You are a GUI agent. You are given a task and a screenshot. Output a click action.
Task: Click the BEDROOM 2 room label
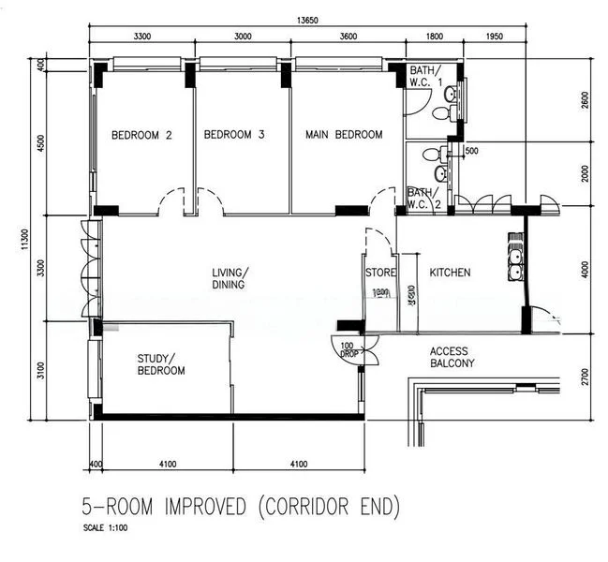click(x=141, y=135)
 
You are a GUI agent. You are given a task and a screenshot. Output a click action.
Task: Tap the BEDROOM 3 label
click(x=234, y=135)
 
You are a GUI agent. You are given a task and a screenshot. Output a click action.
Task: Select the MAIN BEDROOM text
click(x=344, y=135)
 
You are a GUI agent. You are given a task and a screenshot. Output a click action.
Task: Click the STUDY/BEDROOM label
click(x=161, y=364)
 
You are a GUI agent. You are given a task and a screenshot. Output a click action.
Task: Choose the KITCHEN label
click(x=450, y=273)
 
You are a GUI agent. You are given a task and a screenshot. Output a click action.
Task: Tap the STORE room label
click(x=380, y=273)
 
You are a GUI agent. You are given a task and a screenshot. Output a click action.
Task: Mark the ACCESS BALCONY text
click(x=452, y=358)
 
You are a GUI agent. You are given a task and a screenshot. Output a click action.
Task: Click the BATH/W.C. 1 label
click(x=424, y=78)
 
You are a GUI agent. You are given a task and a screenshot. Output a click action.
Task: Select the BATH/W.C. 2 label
click(x=423, y=199)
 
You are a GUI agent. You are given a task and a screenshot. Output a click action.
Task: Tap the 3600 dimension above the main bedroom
click(x=348, y=37)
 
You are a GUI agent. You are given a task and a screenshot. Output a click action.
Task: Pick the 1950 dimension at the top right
click(x=496, y=37)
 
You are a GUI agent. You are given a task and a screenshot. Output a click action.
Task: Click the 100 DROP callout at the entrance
click(x=348, y=348)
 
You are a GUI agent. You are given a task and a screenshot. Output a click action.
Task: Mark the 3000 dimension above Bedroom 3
click(x=242, y=37)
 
